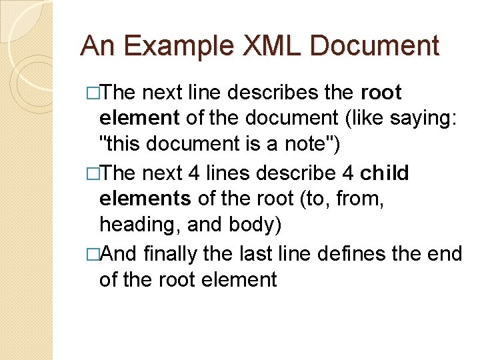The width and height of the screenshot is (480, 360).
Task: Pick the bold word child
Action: [x=385, y=173]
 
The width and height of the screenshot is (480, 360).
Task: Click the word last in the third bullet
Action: [x=272, y=253]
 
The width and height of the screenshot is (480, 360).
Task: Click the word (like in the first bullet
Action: [x=347, y=119]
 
